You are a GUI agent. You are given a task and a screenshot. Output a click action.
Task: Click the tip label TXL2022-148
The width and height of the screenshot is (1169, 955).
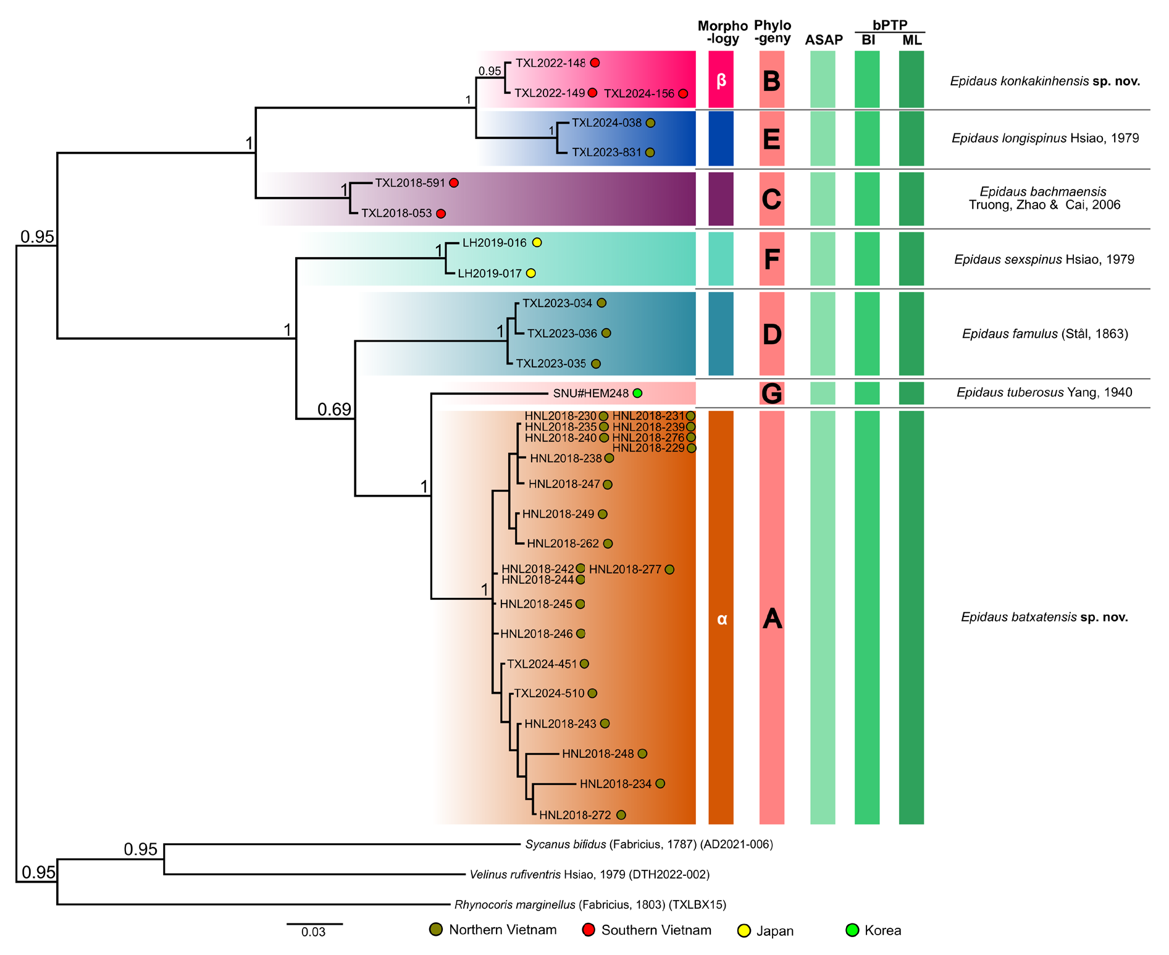(550, 63)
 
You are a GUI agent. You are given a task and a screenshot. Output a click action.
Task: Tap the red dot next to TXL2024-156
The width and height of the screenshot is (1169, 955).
(683, 94)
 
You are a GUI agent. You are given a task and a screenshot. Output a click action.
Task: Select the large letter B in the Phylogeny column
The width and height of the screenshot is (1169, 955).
(771, 81)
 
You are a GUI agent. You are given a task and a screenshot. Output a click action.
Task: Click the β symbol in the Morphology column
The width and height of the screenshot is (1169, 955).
(721, 81)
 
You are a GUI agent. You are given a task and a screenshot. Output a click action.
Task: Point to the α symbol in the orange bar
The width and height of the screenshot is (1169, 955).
(721, 619)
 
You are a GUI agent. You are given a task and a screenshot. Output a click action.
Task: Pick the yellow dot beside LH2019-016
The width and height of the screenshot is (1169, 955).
(537, 243)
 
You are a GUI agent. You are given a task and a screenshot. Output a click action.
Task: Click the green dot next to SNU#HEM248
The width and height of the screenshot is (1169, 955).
(637, 393)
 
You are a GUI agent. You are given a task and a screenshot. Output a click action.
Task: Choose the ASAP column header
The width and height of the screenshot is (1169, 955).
(824, 40)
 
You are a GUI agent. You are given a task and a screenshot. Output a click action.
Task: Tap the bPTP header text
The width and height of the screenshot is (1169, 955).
(890, 25)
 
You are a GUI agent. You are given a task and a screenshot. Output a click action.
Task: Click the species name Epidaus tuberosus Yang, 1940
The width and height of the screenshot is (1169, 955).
(1044, 392)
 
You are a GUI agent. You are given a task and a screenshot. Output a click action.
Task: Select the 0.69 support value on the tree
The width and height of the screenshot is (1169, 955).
(334, 410)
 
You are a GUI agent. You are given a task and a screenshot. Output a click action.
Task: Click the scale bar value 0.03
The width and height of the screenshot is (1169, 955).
(313, 932)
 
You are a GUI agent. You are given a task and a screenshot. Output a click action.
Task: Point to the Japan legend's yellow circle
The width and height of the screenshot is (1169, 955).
(745, 930)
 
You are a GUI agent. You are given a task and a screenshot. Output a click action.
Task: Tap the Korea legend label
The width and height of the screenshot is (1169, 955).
(882, 931)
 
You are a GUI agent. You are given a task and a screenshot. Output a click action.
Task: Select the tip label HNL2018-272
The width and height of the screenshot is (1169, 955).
(575, 815)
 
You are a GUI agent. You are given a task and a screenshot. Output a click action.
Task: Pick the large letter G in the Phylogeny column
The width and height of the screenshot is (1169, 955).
(772, 393)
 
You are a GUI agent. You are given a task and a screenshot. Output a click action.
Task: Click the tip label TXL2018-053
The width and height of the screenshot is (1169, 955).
(396, 214)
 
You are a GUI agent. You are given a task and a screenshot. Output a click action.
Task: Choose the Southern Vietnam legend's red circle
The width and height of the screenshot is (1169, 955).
(589, 930)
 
